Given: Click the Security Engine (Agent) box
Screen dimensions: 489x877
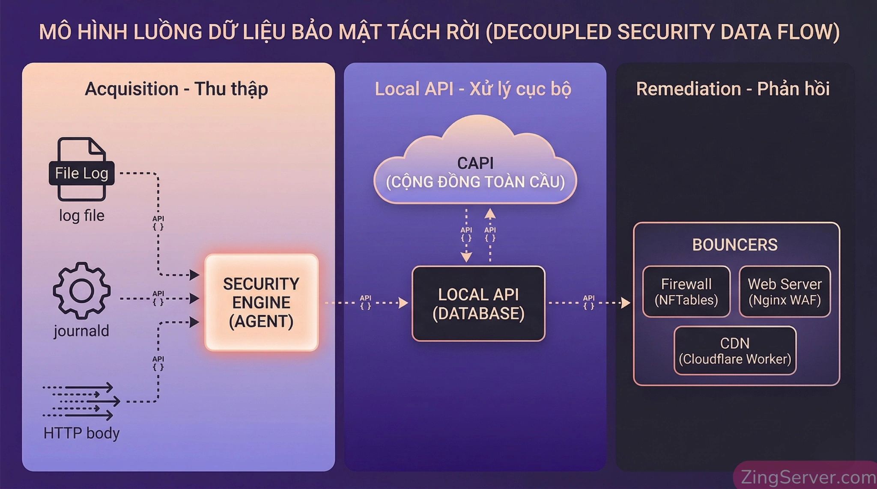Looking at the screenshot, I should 261,302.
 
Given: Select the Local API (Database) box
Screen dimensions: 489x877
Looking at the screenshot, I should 478,304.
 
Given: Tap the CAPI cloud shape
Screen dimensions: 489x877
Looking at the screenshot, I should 475,171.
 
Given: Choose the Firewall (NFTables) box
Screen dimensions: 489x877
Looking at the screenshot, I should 686,291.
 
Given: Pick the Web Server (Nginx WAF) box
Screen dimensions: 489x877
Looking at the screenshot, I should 785,291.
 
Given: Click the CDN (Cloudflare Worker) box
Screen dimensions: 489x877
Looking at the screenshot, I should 735,351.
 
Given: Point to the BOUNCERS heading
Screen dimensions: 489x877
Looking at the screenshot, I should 735,245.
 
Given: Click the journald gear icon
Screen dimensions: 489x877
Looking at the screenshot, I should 81,291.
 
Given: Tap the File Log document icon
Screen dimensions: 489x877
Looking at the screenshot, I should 81,169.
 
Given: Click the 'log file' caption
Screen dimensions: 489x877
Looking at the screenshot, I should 81,216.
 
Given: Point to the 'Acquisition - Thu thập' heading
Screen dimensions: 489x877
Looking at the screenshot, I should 176,89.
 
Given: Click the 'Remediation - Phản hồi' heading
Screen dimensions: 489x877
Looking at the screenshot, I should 733,89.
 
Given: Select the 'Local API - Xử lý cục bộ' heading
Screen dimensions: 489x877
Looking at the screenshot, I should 473,89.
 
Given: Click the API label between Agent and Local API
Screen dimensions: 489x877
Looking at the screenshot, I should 365,302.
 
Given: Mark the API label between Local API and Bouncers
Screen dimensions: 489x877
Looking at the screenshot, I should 589,302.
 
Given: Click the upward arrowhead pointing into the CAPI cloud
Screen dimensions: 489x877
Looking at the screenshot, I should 490,213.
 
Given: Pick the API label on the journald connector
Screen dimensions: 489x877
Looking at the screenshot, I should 158,297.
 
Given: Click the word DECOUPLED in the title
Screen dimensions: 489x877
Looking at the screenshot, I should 554,32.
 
